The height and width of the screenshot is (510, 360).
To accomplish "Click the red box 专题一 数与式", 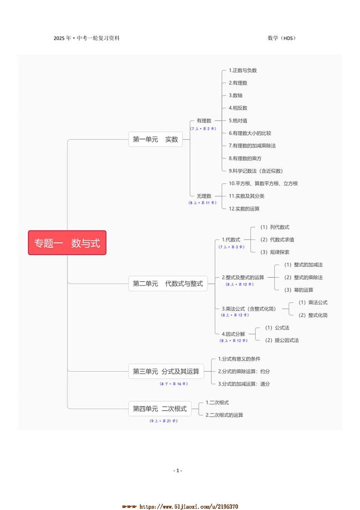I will [67, 243].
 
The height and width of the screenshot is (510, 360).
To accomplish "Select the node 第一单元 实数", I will [156, 140].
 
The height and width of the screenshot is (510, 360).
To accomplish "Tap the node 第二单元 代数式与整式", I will [168, 284].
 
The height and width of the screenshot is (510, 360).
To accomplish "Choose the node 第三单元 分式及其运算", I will [166, 371].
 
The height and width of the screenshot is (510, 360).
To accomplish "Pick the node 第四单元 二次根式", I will [160, 408].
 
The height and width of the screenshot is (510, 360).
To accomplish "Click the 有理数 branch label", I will [204, 121].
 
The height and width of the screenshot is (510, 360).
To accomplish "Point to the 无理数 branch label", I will [204, 196].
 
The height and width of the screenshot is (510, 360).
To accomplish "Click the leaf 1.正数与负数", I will [243, 70].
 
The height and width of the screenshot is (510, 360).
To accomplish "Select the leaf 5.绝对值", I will [238, 121].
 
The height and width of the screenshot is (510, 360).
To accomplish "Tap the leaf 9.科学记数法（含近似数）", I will [256, 171].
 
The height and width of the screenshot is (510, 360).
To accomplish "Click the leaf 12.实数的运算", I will [244, 209].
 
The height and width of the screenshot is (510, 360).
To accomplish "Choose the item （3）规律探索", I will [274, 252].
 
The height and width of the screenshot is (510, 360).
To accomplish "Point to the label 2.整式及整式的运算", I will [243, 277].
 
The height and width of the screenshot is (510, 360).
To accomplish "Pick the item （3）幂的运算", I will [298, 289].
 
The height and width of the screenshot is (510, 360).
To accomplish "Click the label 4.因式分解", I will [233, 334].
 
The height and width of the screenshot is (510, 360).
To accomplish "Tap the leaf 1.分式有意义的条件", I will [239, 359].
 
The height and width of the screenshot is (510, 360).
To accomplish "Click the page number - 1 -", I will [178, 471].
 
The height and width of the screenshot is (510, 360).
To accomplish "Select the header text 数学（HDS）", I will [282, 38].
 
